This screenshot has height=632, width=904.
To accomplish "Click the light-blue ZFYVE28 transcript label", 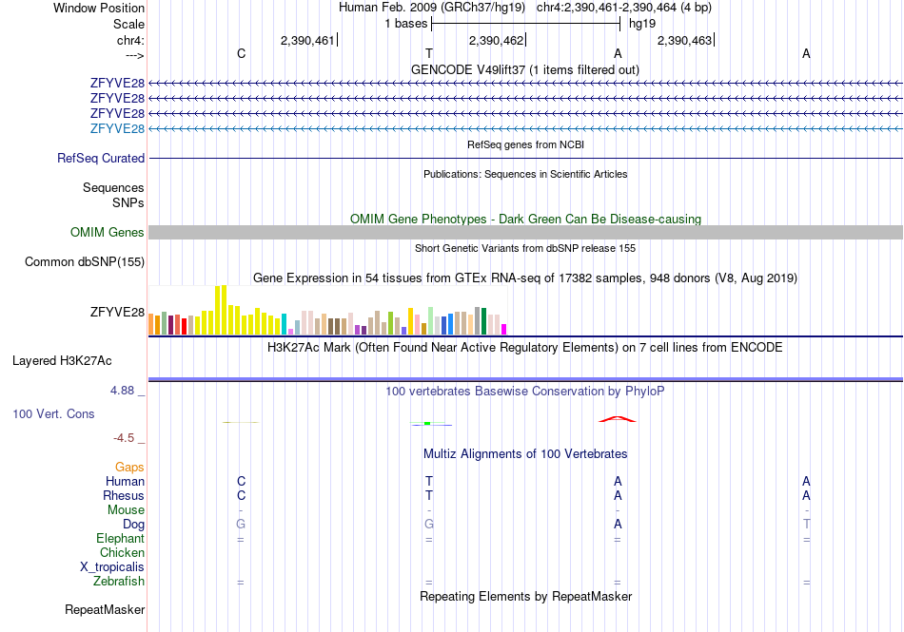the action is (117, 128).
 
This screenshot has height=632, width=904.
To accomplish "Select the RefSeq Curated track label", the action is (101, 159).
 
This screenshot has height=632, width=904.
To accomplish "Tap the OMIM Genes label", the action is (108, 232).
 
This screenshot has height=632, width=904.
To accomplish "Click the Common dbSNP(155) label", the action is (85, 262).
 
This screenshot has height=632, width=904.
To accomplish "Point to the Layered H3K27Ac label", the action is (62, 361).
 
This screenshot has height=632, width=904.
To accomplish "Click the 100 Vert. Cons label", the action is (53, 413).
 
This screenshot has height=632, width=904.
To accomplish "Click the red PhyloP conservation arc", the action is (618, 418).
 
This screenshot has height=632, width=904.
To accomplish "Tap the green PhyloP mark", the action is (427, 423).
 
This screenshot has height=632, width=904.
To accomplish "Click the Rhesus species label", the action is (124, 495).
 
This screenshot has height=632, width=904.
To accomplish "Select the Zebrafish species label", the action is (119, 582).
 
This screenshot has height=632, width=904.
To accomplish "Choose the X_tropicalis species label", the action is (112, 567).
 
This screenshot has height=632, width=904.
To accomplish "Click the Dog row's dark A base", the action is (618, 525).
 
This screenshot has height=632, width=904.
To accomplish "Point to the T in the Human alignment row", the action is (429, 481).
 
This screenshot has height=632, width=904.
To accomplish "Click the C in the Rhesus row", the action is (241, 495).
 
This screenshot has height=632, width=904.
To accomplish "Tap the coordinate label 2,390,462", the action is (496, 40).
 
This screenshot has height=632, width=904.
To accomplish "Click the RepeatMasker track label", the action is (105, 609).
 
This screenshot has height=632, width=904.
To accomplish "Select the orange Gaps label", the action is (129, 467).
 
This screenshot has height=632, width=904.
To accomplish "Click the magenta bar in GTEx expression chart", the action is (504, 329).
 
